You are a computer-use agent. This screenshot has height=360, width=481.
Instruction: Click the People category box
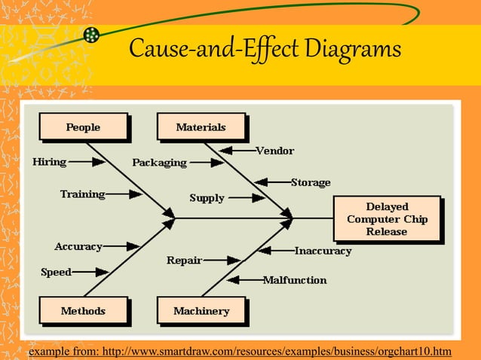[x=83, y=127]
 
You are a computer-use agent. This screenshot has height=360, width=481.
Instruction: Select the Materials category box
[x=201, y=127]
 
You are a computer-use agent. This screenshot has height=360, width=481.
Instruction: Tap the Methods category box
[x=83, y=310]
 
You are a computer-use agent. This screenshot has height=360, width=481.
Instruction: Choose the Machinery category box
[x=201, y=310]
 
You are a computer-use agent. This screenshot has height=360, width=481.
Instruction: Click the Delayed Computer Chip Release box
[x=387, y=218]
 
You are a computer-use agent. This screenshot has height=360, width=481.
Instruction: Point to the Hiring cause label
[x=49, y=161]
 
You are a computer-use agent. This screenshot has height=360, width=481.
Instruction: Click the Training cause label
[x=82, y=194]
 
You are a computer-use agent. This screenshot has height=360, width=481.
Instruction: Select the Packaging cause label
[x=159, y=162]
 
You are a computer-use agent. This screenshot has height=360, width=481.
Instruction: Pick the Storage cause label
[x=311, y=182]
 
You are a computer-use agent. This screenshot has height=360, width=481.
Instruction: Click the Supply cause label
[x=207, y=198]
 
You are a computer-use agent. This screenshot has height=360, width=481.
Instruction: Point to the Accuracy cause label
[x=78, y=246]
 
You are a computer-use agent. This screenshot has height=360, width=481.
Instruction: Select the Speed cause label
[x=56, y=272]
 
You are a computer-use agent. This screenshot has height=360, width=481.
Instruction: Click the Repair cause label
[x=184, y=261]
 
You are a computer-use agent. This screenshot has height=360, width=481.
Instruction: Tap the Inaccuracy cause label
[x=323, y=250]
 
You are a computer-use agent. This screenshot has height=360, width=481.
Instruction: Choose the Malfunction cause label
[x=295, y=280]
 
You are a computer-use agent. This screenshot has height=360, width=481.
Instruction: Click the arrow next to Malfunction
[x=244, y=280]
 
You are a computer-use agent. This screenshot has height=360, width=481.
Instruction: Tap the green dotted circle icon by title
[x=91, y=35]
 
